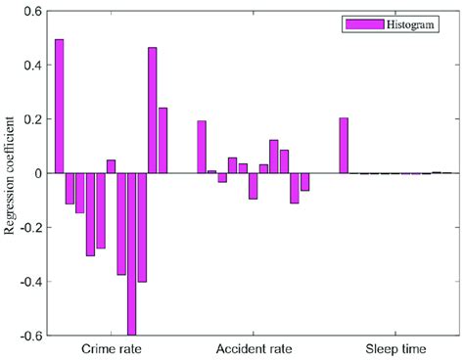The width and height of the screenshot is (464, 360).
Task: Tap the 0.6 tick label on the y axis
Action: pos(31,12)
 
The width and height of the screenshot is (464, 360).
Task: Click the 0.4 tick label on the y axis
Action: pos(31,66)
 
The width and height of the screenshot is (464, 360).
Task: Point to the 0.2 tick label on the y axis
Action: pos(31,119)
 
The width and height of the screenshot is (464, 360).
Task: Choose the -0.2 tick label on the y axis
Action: pos(29,227)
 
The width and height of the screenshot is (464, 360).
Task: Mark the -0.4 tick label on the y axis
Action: pos(29,281)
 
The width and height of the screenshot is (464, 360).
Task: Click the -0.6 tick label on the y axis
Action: pos(29,335)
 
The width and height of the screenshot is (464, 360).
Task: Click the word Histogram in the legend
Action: pos(409,22)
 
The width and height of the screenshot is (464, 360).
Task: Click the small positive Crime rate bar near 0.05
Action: pos(111,166)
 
